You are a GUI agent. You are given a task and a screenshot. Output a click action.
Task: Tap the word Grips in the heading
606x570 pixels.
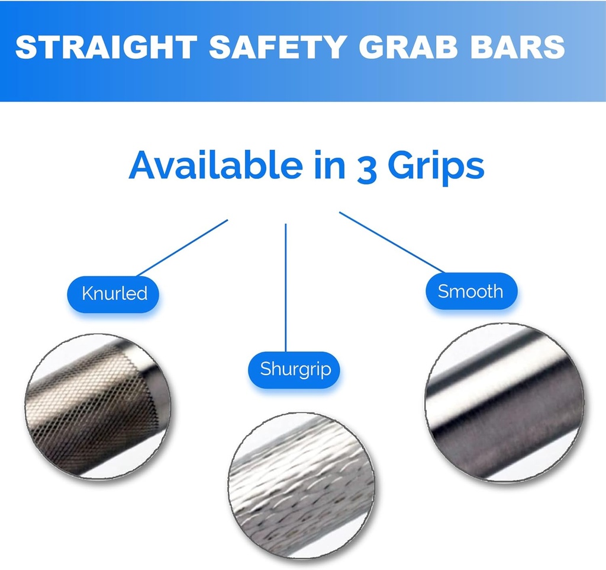click(x=436, y=166)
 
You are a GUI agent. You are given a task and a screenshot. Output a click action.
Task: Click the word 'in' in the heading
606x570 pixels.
click(x=328, y=165)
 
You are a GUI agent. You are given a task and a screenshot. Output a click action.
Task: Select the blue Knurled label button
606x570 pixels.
click(x=115, y=293)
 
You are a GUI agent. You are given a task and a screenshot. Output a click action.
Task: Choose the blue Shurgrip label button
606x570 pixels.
click(x=296, y=369)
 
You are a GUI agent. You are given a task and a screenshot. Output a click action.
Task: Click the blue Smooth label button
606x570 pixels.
click(x=470, y=291)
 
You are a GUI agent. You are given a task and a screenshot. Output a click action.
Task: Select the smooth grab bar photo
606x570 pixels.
click(x=504, y=403)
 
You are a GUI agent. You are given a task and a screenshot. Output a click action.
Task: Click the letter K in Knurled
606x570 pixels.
click(x=87, y=293)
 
